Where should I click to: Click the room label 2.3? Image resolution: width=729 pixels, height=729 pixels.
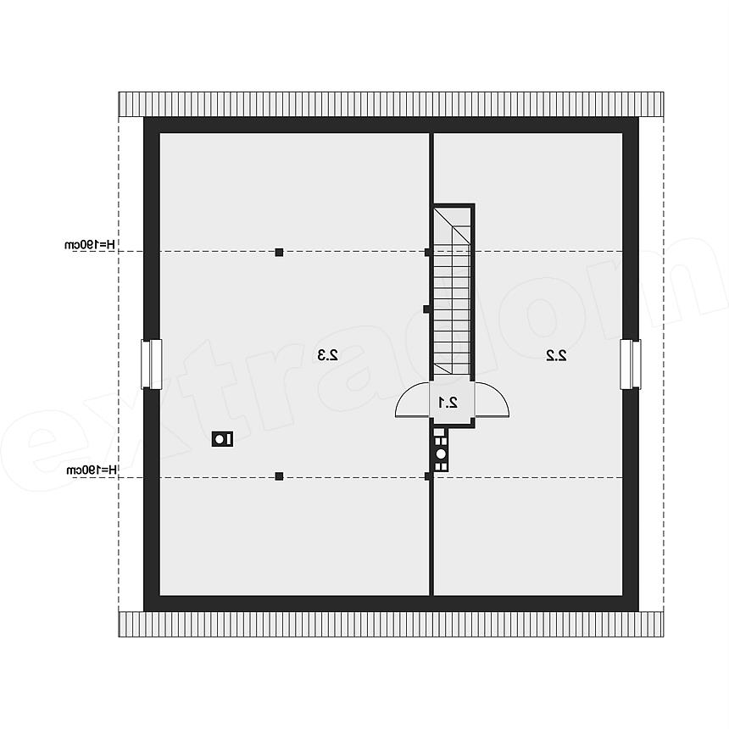click(327, 355)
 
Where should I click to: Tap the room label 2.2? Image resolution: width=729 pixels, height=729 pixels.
click(556, 355)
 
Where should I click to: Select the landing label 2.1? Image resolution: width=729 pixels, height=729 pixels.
click(448, 403)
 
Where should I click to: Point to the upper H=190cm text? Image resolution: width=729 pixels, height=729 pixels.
click(90, 244)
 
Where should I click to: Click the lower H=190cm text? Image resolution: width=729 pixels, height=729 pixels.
click(92, 470)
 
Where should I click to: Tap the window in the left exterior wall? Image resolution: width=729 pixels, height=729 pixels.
click(152, 364)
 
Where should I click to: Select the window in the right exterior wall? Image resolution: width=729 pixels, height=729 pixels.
click(631, 364)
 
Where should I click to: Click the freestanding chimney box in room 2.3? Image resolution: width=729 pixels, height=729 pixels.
click(222, 438)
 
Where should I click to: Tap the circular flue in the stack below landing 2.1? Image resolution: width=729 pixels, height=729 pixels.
click(441, 454)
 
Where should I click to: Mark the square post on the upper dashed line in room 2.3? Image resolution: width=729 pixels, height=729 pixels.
click(279, 252)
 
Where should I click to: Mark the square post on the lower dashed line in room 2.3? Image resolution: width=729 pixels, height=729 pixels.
click(279, 476)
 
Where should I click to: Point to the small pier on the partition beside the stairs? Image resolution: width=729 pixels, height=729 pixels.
click(426, 309)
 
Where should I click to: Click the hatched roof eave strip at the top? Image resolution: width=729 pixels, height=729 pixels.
click(391, 103)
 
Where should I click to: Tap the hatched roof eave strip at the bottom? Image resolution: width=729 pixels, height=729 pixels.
click(391, 624)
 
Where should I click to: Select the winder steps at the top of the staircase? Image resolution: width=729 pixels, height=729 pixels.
click(453, 225)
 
